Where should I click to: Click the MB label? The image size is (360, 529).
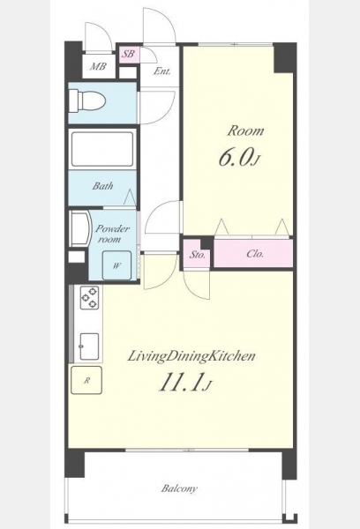98,66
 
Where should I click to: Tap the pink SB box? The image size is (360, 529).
129,54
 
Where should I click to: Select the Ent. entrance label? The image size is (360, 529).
162,71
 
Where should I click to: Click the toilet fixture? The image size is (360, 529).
88,101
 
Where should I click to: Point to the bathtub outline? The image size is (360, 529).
102,149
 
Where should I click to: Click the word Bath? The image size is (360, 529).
102,186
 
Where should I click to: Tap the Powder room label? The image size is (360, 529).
112,234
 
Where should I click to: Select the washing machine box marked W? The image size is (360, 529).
116,265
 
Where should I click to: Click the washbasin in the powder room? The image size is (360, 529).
80,228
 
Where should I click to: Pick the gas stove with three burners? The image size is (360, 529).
89,298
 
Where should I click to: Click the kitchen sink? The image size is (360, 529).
89,346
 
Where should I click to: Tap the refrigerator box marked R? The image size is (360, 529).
86,380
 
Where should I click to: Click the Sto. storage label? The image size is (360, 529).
197,255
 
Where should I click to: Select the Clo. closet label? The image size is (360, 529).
255,253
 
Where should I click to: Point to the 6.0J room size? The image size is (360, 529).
239,158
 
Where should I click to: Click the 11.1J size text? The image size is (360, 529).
186,384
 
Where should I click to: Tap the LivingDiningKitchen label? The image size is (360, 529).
191,356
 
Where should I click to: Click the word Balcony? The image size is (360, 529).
179,488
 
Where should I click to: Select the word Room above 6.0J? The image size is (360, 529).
245,130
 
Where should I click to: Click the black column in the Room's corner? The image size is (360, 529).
283,58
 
